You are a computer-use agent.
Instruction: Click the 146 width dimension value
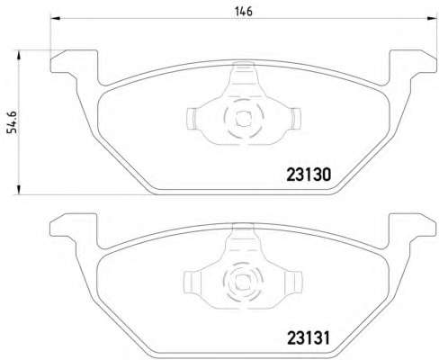[x=244, y=12]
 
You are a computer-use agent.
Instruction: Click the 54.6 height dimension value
[x=13, y=122]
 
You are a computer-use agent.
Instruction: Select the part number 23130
[x=309, y=175]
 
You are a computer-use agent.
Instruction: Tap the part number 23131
[x=309, y=338]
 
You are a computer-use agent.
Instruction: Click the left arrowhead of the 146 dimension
[x=56, y=19]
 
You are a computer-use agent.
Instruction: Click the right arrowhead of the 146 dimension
[x=431, y=19]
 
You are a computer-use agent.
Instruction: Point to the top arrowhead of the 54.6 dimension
[x=19, y=56]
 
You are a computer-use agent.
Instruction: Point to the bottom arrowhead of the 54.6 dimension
[x=19, y=190]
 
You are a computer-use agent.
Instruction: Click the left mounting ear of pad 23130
[x=74, y=62]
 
